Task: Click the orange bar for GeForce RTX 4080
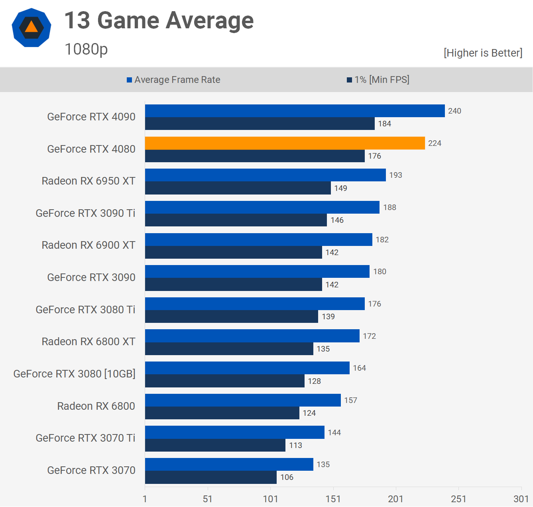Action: click(x=285, y=143)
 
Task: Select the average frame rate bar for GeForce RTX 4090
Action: click(x=295, y=111)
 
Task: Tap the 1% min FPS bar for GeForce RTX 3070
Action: click(x=210, y=477)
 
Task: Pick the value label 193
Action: click(x=395, y=175)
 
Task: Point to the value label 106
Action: click(x=287, y=477)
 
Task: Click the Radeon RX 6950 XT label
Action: click(x=89, y=181)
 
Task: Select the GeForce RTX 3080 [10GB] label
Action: click(x=75, y=374)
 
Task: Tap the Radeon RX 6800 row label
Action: click(x=96, y=406)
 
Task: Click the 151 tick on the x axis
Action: click(x=333, y=499)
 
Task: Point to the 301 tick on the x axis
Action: click(x=521, y=499)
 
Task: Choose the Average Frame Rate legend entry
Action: click(x=173, y=80)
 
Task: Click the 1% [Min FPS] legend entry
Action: click(x=378, y=80)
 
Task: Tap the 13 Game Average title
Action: click(x=159, y=20)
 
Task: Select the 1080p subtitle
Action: click(x=86, y=49)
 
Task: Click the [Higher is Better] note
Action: click(x=483, y=53)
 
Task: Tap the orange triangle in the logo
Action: click(x=31, y=27)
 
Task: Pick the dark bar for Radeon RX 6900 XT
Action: click(x=233, y=252)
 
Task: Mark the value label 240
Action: click(x=454, y=111)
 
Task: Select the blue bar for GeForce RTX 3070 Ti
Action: click(x=234, y=432)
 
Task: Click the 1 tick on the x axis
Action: click(x=145, y=499)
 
